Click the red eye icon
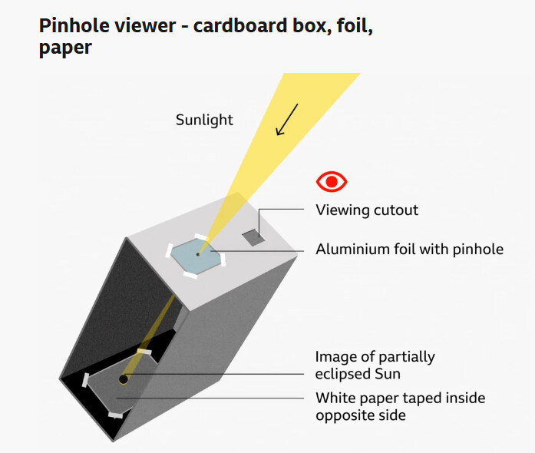coord(332,182)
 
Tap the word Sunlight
coord(204,120)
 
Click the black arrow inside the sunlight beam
coord(286,120)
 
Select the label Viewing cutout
coord(367,210)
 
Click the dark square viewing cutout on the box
coord(254,237)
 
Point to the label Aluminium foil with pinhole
coord(409,250)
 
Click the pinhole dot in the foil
coord(198,254)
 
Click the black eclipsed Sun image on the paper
coord(123,379)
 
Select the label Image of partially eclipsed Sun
coord(375,365)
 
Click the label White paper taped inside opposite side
coord(400,407)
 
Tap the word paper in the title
coord(65,48)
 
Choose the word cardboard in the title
coord(240,26)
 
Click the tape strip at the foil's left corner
coord(169,251)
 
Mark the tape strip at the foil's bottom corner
coord(190,275)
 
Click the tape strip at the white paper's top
coord(144,352)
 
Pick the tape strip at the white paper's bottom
coord(115,415)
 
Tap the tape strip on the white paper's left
coord(85,380)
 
